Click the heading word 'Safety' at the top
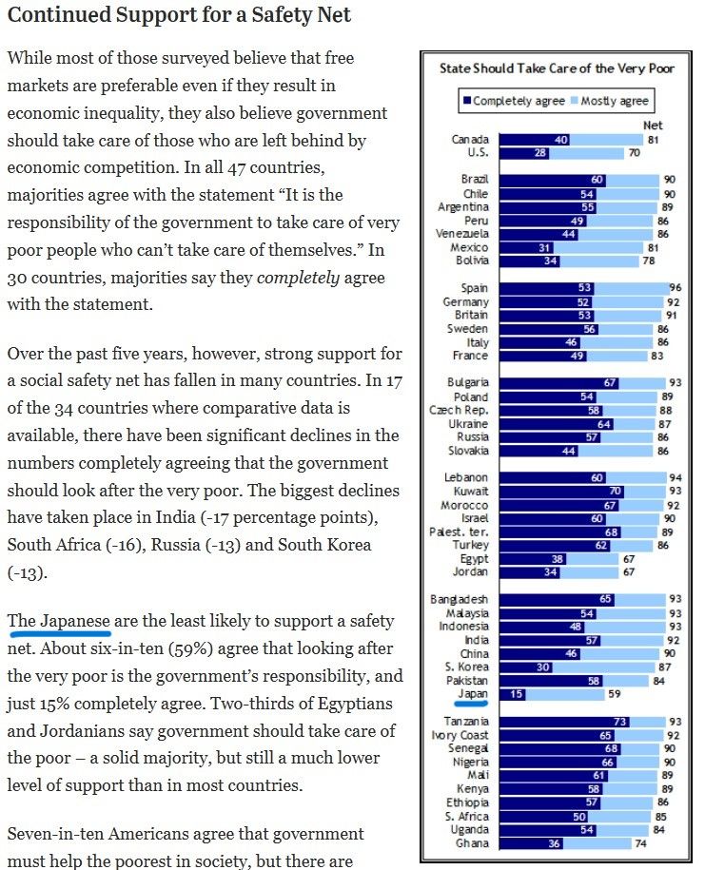point(277,15)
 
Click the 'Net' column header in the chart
point(653,125)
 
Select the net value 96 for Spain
point(676,288)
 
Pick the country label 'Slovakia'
point(468,451)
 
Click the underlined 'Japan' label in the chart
point(472,693)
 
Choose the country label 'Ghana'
point(472,843)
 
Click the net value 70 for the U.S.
point(634,153)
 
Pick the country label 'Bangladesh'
point(460,600)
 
